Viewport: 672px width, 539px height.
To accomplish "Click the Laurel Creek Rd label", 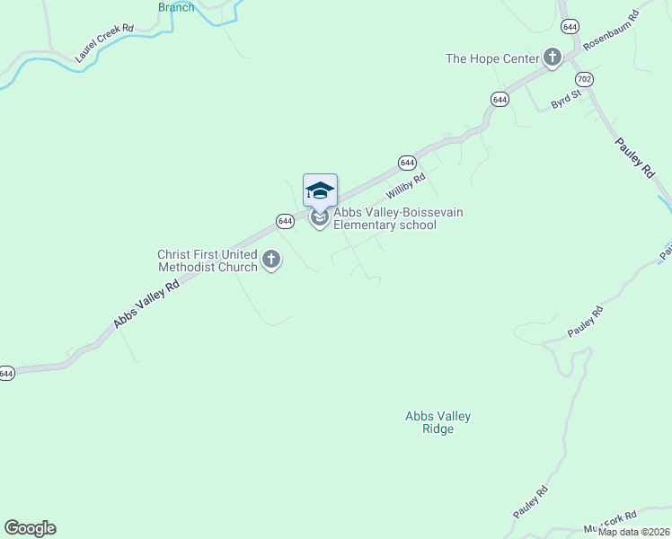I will pos(103,42).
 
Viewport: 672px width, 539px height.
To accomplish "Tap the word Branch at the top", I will pos(176,7).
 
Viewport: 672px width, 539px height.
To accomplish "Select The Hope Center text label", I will pos(492,59).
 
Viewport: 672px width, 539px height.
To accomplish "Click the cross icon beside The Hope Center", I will pos(552,59).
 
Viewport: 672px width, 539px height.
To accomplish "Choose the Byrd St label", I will pos(567,102).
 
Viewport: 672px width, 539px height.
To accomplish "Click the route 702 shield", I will pos(585,79).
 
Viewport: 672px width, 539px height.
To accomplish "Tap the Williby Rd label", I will pos(405,186).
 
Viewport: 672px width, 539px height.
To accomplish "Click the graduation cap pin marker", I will pos(320,190).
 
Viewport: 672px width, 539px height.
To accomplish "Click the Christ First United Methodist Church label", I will pos(208,261).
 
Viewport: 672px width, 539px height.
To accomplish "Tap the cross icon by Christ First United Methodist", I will pos(271,261).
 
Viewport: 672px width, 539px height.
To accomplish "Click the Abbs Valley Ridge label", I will pos(438,422).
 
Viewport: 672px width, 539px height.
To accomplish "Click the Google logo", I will pos(30,528).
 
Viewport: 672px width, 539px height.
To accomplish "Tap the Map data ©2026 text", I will pos(633,532).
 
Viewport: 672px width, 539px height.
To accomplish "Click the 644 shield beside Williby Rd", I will pos(407,163).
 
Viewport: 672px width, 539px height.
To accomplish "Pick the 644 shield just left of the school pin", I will pos(285,220).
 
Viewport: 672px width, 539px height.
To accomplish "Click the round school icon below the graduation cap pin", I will pos(319,218).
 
